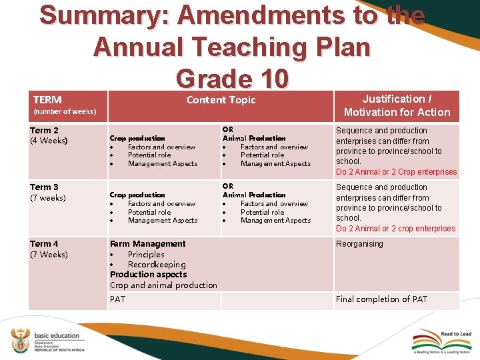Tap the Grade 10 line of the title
(x=232, y=79)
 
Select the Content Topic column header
(x=221, y=100)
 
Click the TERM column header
(x=47, y=99)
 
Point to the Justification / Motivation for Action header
(x=397, y=105)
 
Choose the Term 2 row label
(x=44, y=131)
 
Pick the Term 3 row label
(x=44, y=187)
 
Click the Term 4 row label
(x=44, y=244)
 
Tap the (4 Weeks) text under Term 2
(x=49, y=141)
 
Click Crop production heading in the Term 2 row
(x=137, y=138)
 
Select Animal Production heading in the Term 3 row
(x=254, y=195)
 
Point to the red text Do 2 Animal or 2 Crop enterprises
(x=397, y=172)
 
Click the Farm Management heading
(x=148, y=244)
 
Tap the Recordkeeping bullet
(x=157, y=265)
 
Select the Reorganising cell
(x=359, y=244)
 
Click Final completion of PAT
(x=381, y=299)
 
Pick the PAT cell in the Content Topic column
(x=117, y=299)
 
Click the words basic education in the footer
(x=57, y=336)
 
